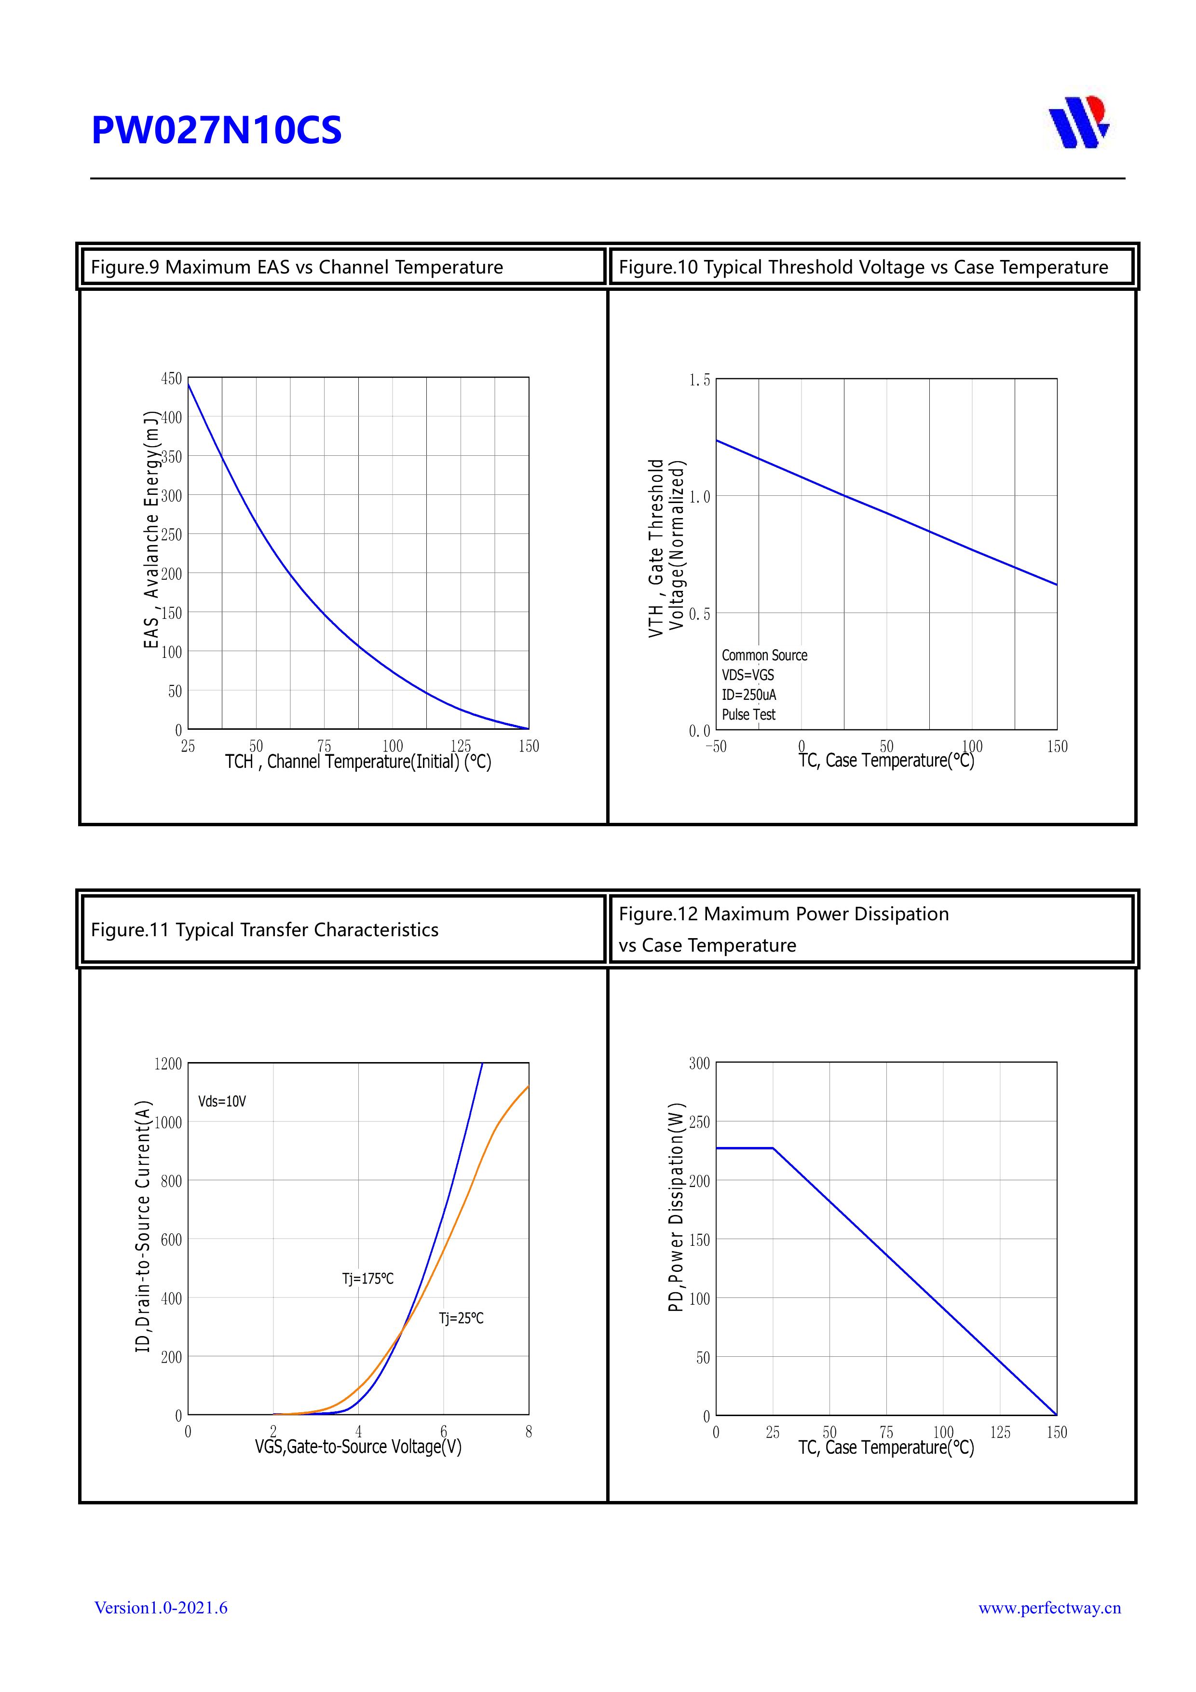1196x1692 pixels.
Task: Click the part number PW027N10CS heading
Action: coord(216,130)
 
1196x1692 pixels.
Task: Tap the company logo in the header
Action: coord(1079,123)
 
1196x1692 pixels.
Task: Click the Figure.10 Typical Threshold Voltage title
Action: coord(863,267)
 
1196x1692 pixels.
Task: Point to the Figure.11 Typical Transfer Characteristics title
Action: coord(265,930)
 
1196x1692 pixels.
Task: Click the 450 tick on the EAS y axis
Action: coord(172,379)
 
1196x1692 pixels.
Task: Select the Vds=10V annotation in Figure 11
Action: coord(222,1102)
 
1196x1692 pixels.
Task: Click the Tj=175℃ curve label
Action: coord(367,1279)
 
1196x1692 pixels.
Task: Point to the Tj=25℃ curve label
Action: coord(462,1318)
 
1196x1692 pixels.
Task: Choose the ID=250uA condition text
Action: coord(748,695)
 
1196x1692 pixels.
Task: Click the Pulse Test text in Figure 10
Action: coord(748,715)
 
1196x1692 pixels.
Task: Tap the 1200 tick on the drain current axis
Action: coord(168,1064)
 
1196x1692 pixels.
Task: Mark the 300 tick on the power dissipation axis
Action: coord(699,1064)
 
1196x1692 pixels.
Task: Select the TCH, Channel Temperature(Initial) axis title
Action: coord(358,762)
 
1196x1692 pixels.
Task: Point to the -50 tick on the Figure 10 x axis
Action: coord(716,747)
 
